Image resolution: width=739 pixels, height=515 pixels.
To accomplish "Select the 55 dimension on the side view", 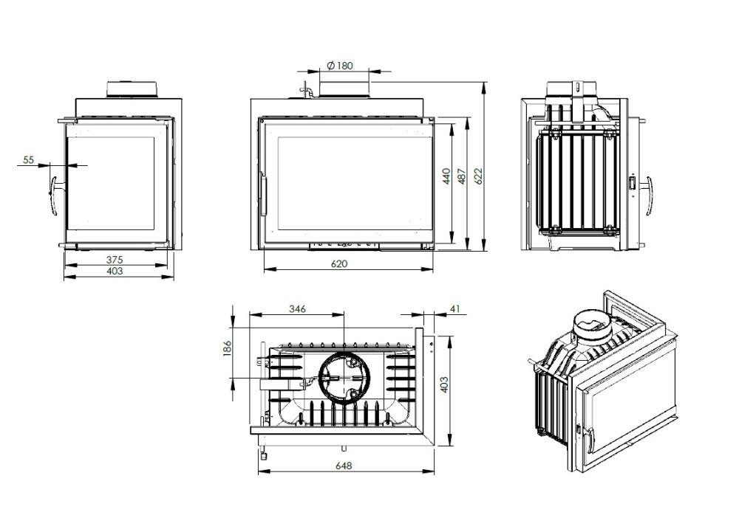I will coord(29,159).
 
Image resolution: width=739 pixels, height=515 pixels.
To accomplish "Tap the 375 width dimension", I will coord(113,259).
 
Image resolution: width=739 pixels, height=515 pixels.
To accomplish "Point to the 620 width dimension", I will coord(339,263).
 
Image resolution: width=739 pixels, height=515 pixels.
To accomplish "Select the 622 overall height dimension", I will coord(479,175).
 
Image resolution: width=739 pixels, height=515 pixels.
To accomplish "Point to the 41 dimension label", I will coord(454,308).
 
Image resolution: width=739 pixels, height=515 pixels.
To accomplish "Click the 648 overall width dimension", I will coord(344,466).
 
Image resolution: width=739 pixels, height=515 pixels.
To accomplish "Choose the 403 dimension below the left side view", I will coord(113,272).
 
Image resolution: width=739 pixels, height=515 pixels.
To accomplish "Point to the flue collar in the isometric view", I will coord(592,325).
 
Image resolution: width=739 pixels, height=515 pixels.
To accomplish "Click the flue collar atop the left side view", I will coord(132,89).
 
